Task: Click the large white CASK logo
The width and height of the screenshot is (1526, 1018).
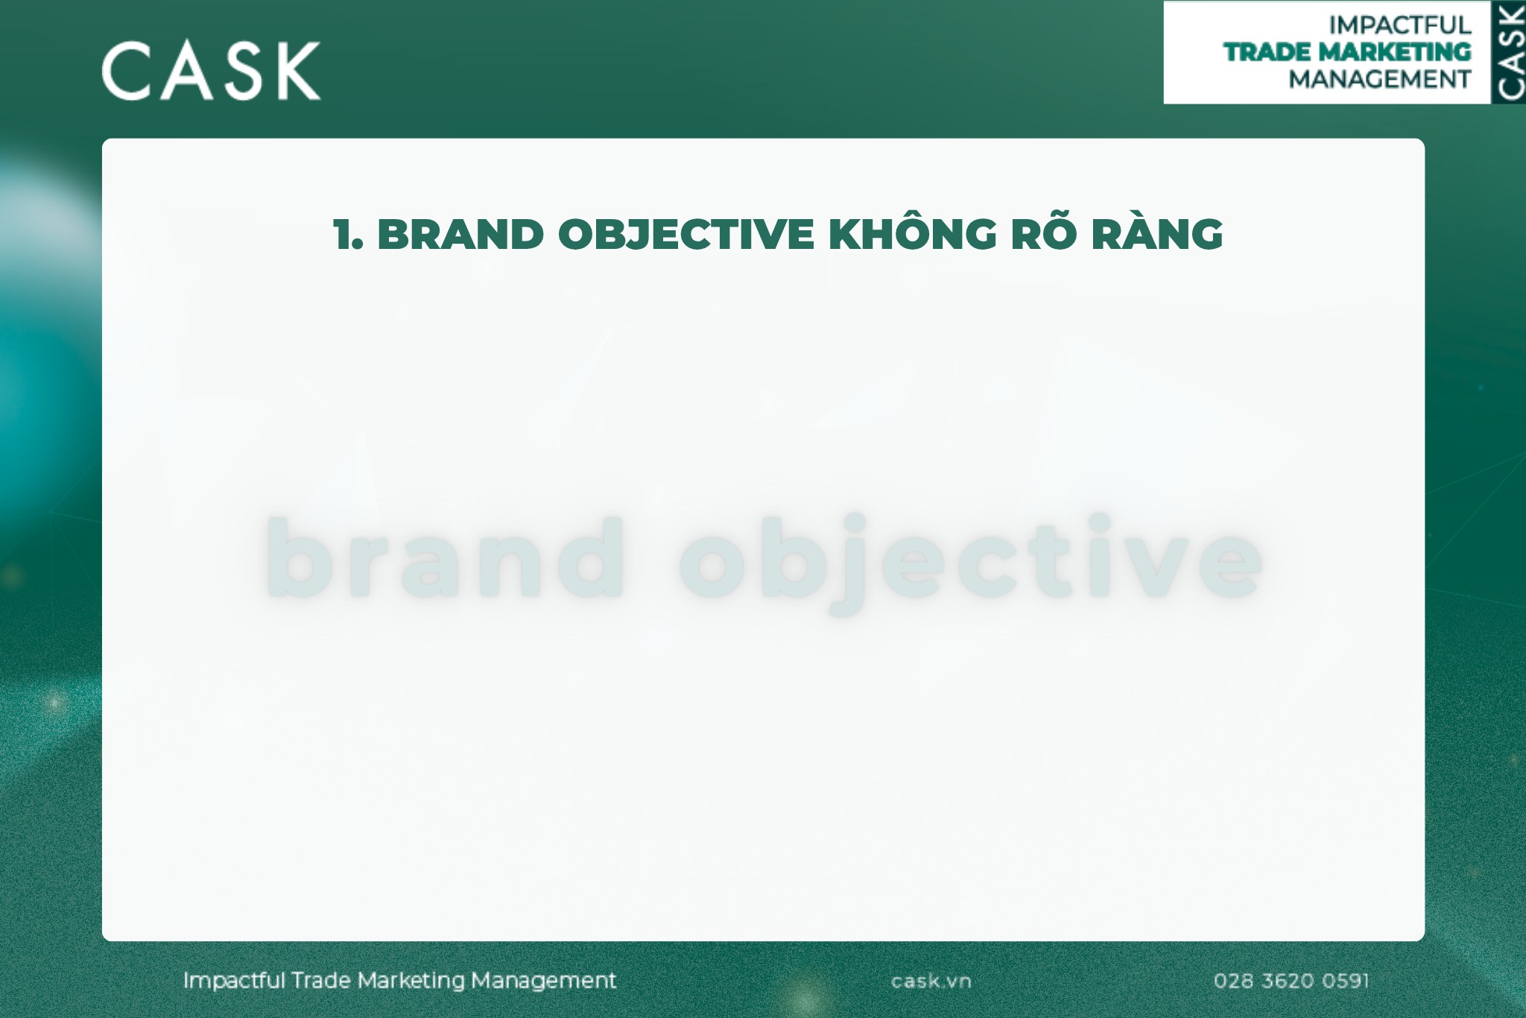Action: click(211, 71)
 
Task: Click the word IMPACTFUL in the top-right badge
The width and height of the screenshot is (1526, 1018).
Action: click(1399, 25)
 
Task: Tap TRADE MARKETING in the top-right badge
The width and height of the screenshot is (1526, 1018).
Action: click(1347, 52)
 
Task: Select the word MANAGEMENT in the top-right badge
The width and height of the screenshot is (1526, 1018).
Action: click(1379, 79)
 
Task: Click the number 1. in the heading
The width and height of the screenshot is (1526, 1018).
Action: click(348, 235)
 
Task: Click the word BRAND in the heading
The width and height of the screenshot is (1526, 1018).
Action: click(460, 235)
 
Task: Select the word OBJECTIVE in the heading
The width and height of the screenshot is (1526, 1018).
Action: click(686, 235)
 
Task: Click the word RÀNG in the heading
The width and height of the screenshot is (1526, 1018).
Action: click(1156, 235)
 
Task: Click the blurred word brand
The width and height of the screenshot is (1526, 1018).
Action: click(445, 559)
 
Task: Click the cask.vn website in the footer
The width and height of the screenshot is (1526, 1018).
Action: click(931, 981)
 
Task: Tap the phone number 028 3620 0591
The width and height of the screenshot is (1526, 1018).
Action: click(1291, 981)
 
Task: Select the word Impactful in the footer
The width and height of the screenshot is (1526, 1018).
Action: click(234, 981)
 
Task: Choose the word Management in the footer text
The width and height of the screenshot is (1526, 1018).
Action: click(543, 981)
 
